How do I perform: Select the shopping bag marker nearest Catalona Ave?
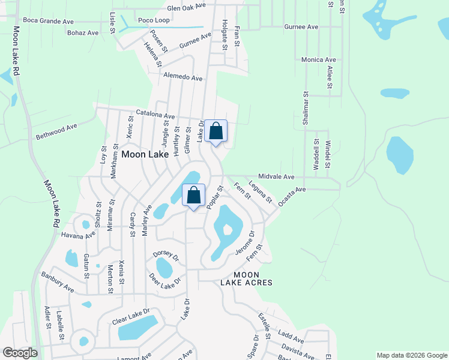216,131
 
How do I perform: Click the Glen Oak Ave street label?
186,6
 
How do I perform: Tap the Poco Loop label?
154,20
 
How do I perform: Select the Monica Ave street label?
318,60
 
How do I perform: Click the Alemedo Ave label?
183,78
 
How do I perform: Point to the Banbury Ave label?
57,283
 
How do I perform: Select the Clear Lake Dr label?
130,317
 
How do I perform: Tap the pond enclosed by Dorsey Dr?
164,268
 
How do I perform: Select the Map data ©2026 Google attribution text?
411,355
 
